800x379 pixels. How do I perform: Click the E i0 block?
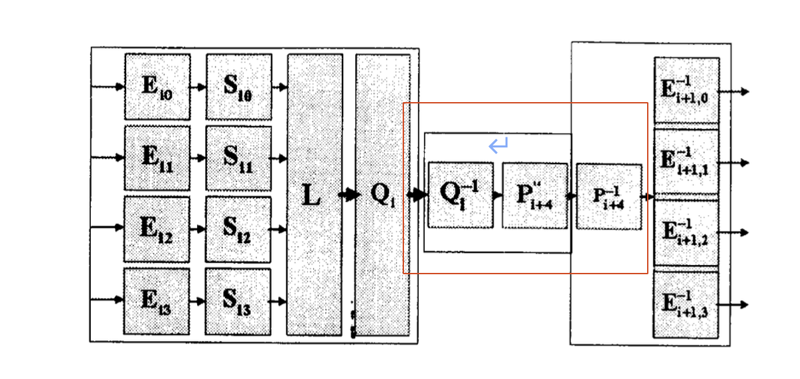point(157,87)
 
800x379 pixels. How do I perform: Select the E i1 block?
point(157,158)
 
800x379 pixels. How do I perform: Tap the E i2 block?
point(156,228)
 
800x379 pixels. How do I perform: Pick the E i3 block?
point(156,300)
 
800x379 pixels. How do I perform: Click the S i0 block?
point(238,87)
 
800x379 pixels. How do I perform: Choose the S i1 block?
point(238,158)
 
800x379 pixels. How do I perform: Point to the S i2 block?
point(238,228)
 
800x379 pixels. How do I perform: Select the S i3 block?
point(238,300)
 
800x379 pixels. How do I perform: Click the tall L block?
point(315,194)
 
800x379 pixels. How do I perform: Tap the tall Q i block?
point(383,194)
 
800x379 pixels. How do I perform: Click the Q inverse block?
point(461,195)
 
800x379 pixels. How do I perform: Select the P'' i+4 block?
point(535,196)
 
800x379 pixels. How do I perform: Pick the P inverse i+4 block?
point(609,197)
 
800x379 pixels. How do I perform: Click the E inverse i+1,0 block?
point(686,90)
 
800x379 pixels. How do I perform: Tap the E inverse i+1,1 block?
point(686,162)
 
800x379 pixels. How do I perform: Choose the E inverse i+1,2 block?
point(686,233)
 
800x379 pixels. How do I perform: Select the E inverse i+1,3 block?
point(686,304)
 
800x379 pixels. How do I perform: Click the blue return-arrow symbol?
point(498,144)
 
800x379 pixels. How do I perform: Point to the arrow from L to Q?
point(349,195)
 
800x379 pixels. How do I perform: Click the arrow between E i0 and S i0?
point(198,87)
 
